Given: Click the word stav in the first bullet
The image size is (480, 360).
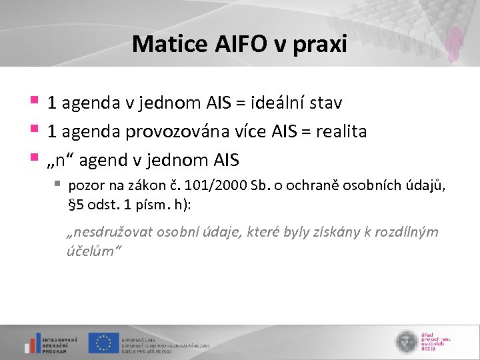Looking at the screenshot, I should click(325, 103).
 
